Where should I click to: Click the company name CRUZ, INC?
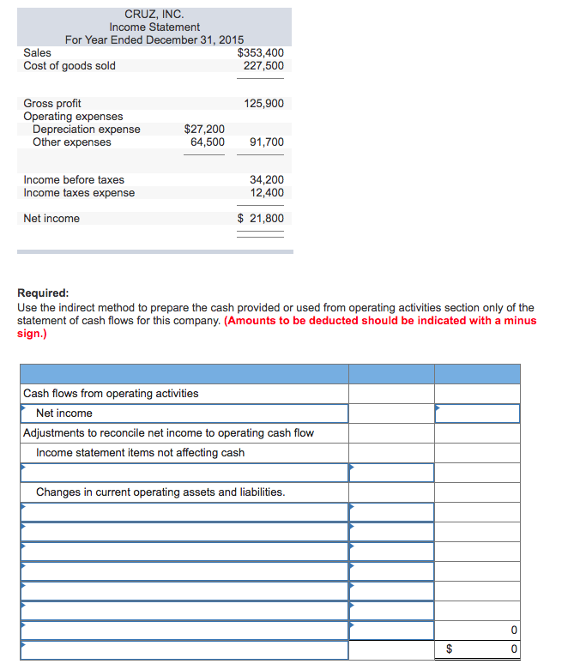point(154,14)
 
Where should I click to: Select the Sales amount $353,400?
point(260,52)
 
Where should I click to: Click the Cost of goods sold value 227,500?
point(263,65)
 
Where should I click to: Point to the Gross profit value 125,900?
point(263,104)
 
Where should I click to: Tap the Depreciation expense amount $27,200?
point(204,130)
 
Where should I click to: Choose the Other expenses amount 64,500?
point(208,142)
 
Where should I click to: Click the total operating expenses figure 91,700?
point(266,142)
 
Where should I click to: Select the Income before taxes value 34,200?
point(266,180)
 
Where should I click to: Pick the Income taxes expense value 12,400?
point(266,193)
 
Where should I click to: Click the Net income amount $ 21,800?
point(260,219)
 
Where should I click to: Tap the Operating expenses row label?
point(73,117)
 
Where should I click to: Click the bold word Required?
point(43,293)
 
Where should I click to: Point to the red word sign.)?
point(32,334)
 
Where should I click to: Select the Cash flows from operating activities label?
point(111,394)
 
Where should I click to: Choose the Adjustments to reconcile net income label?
point(168,433)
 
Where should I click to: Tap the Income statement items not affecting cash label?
point(140,453)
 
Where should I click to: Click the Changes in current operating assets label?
point(160,492)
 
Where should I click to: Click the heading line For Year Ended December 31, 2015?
point(154,39)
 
